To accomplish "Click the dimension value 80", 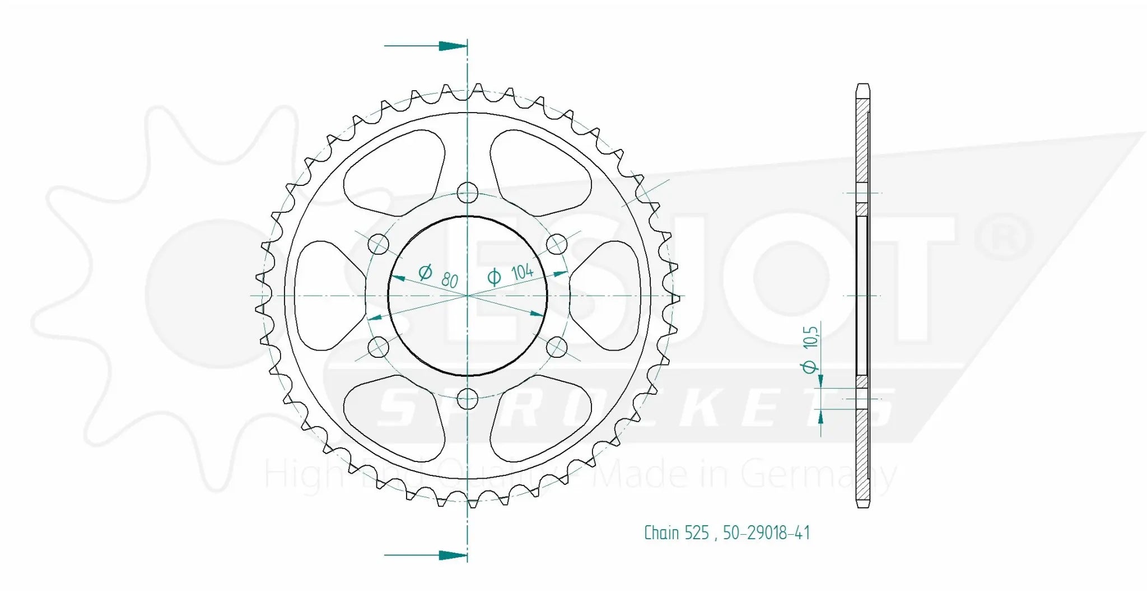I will [x=449, y=280].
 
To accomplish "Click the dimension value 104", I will [x=522, y=272].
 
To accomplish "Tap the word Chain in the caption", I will [x=660, y=532].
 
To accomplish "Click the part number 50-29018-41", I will [x=766, y=532].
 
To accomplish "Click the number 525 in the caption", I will [x=696, y=532].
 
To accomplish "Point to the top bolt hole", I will [x=468, y=193].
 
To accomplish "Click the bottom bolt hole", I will [x=468, y=399].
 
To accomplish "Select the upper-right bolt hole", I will [x=557, y=244].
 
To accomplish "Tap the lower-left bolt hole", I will [x=379, y=347].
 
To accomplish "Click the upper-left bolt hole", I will [x=379, y=244].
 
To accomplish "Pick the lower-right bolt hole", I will [x=557, y=347].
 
